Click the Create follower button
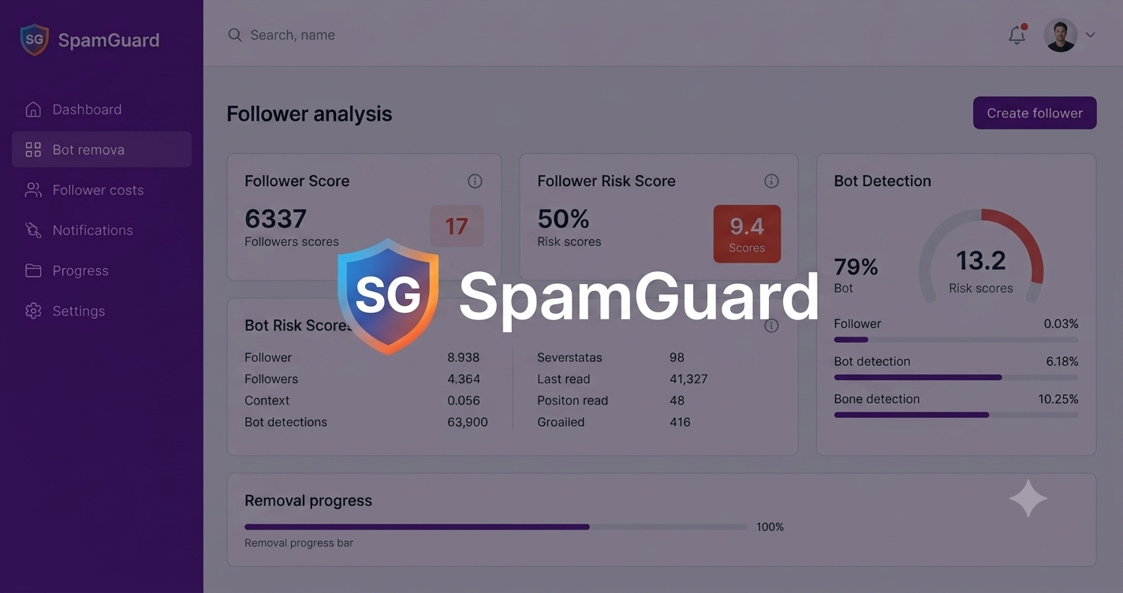click(x=1034, y=113)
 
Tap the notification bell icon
click(x=1017, y=35)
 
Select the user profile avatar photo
click(x=1061, y=35)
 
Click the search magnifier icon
click(x=235, y=35)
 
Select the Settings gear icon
click(x=33, y=311)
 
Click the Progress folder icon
click(x=33, y=270)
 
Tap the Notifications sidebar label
click(x=93, y=230)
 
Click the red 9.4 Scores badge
click(x=747, y=233)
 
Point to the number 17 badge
click(x=457, y=226)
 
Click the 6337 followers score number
click(x=276, y=218)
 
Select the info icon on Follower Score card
click(x=475, y=181)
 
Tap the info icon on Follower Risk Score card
click(x=771, y=181)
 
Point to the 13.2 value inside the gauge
click(x=980, y=261)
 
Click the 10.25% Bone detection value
click(x=1058, y=399)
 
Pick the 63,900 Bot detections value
click(x=467, y=422)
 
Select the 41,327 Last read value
click(x=688, y=379)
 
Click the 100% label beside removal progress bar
click(x=770, y=527)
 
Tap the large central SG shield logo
click(x=388, y=296)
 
